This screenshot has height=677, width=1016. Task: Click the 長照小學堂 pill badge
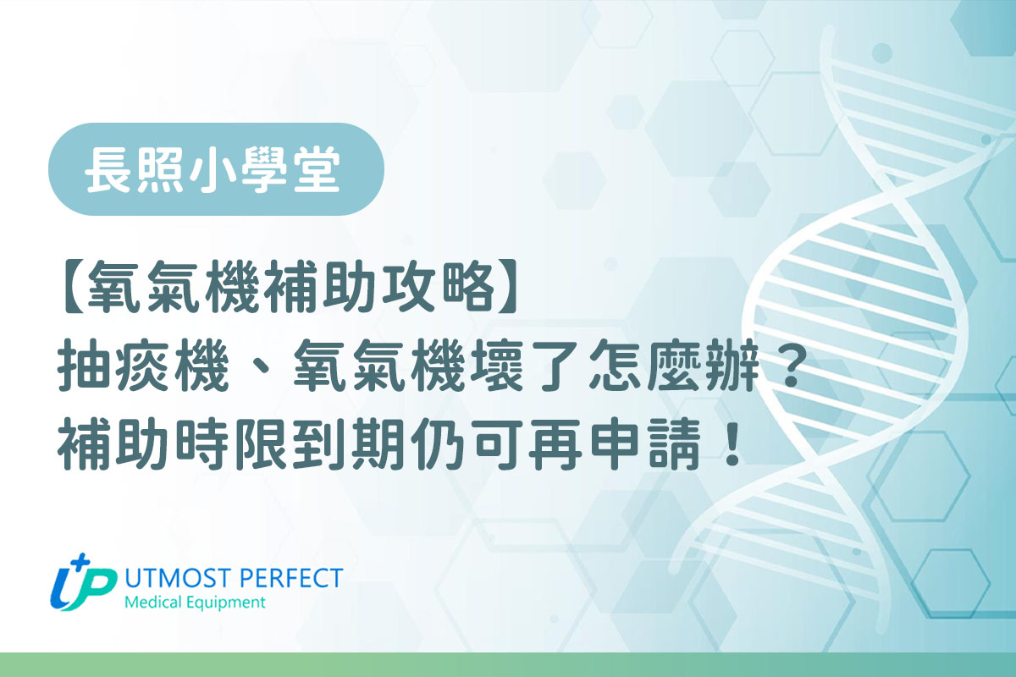[x=216, y=169]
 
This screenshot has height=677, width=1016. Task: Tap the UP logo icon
[x=83, y=583]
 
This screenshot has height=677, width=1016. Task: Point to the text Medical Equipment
[x=195, y=603]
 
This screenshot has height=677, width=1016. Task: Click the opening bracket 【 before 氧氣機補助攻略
[x=74, y=288]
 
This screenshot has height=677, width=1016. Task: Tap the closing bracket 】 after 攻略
[x=507, y=288]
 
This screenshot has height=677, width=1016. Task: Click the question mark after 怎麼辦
[x=791, y=366]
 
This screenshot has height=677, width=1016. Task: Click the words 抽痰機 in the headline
[x=143, y=366]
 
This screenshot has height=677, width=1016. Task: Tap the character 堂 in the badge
[x=317, y=169]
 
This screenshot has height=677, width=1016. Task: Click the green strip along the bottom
[x=508, y=665]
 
